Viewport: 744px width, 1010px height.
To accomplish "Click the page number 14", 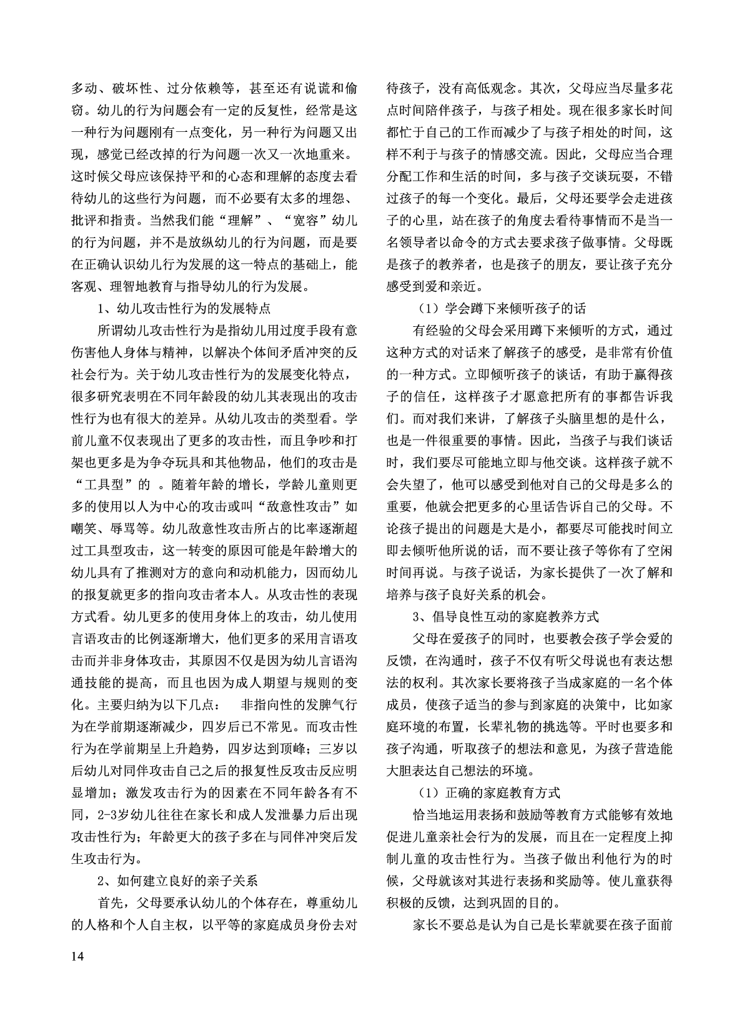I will [78, 957].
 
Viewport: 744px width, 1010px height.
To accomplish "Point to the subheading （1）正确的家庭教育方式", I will [489, 793].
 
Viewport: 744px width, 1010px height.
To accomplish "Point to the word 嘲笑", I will [85, 529].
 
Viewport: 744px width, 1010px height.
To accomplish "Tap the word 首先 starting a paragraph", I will [111, 903].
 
